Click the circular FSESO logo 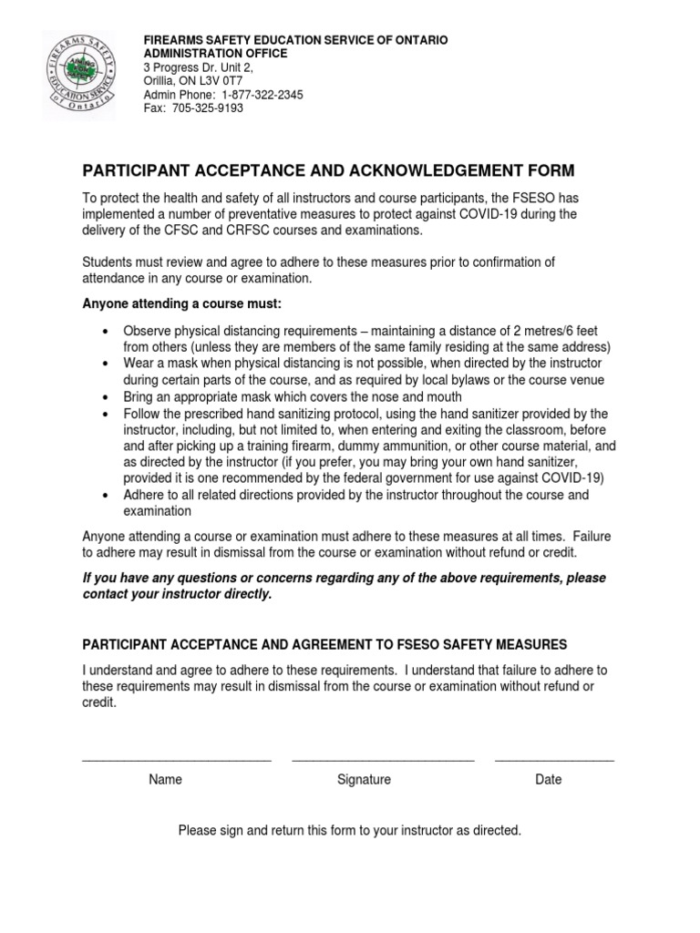coord(78,76)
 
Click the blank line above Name coord(177,758)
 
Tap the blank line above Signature coord(383,758)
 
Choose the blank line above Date coord(554,758)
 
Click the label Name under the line coord(166,780)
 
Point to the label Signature coord(364,780)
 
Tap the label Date coord(549,780)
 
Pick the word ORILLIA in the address coord(162,81)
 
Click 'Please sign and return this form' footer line coord(350,831)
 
